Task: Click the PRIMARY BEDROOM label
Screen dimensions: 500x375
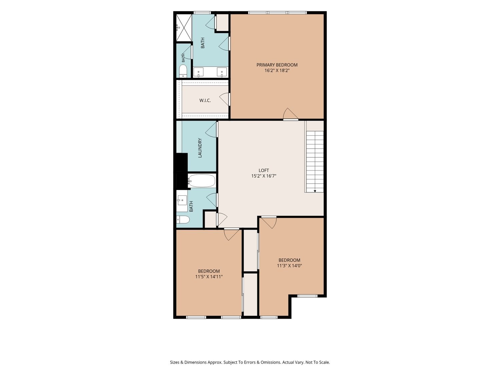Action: [x=277, y=65]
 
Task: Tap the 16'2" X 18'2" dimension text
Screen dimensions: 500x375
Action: [x=277, y=71]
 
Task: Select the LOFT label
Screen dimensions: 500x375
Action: [x=264, y=170]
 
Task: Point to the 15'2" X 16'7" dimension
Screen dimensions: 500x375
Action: [x=264, y=176]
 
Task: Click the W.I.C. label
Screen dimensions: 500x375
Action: [x=205, y=100]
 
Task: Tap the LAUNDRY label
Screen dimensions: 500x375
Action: [x=200, y=148]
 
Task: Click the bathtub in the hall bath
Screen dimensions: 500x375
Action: [x=201, y=181]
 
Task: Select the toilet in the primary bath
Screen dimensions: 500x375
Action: [x=183, y=71]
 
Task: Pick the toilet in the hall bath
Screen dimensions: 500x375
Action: [x=183, y=219]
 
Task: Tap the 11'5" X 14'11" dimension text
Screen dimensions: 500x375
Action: [x=209, y=277]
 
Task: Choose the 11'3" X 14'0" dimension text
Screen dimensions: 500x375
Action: [x=289, y=266]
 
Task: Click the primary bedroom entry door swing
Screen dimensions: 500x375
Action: [x=290, y=114]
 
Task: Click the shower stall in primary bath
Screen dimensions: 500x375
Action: [x=184, y=28]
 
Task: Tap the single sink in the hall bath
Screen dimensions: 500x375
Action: [x=182, y=200]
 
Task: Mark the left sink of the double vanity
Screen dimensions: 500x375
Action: [x=198, y=72]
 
